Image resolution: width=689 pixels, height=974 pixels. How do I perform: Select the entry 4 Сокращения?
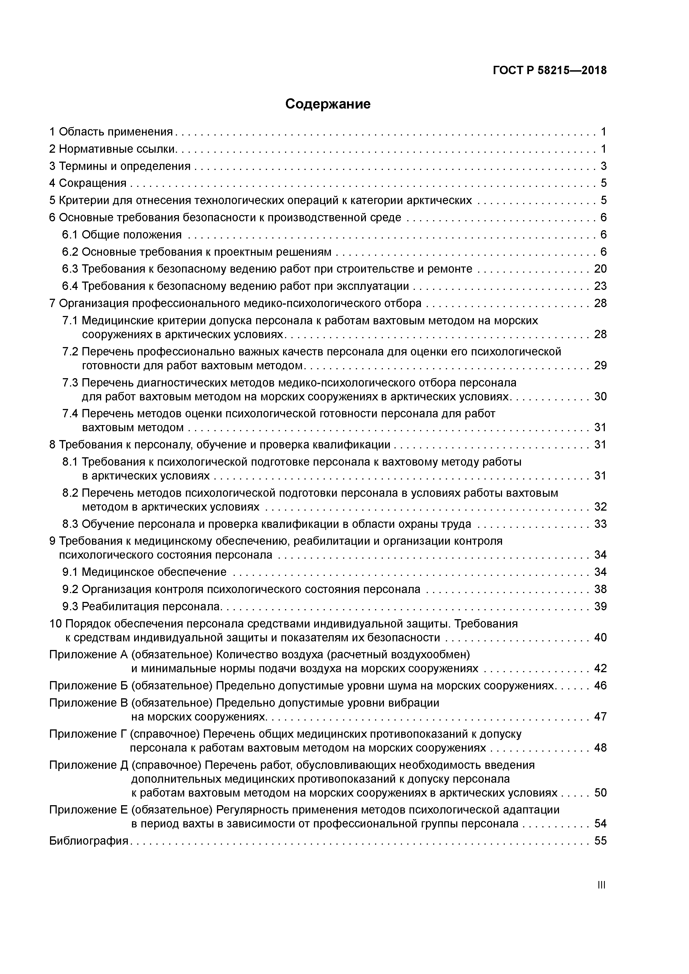coord(88,183)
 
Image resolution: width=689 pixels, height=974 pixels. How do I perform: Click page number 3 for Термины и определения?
coord(603,166)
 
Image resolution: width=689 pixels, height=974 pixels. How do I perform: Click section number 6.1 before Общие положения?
coord(70,235)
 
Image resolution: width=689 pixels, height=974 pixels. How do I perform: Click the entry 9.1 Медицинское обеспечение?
coord(144,572)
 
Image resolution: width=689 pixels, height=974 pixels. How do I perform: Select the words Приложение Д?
coord(89,765)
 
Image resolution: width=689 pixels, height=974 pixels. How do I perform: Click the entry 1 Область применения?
coord(111,132)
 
